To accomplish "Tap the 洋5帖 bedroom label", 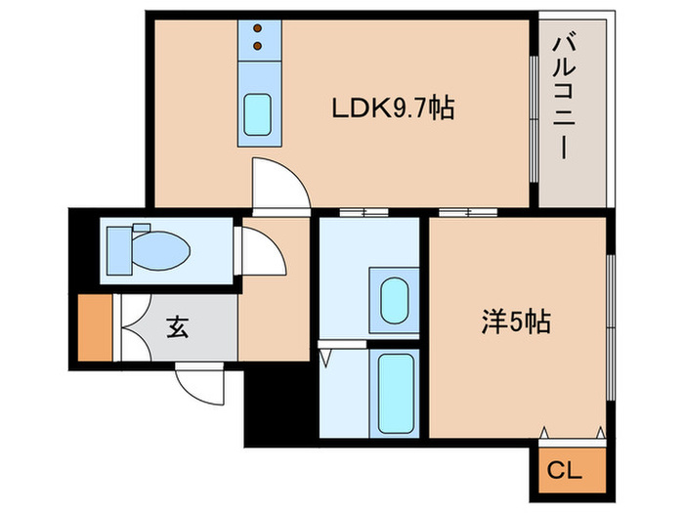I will [x=515, y=321].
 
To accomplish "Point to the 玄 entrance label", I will [x=177, y=327].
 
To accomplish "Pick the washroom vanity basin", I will [x=394, y=298].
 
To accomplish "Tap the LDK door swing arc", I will [x=278, y=181].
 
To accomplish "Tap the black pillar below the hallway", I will [x=278, y=405].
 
